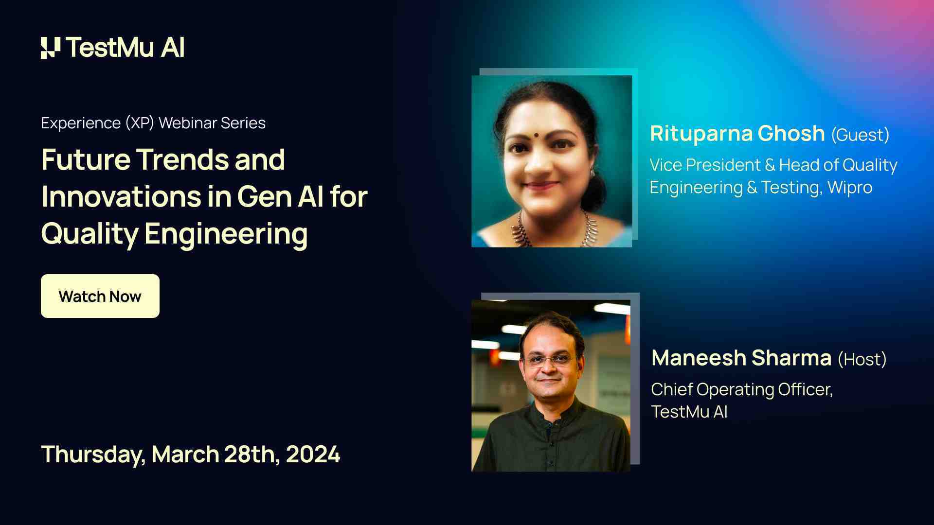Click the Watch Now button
100,296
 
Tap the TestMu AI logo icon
51,48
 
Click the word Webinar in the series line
187,123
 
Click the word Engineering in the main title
226,234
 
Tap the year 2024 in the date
313,455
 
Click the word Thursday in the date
92,455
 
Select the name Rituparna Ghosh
737,134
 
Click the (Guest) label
860,135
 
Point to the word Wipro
850,188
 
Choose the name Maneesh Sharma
741,358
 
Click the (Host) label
862,359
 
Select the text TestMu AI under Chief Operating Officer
689,412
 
